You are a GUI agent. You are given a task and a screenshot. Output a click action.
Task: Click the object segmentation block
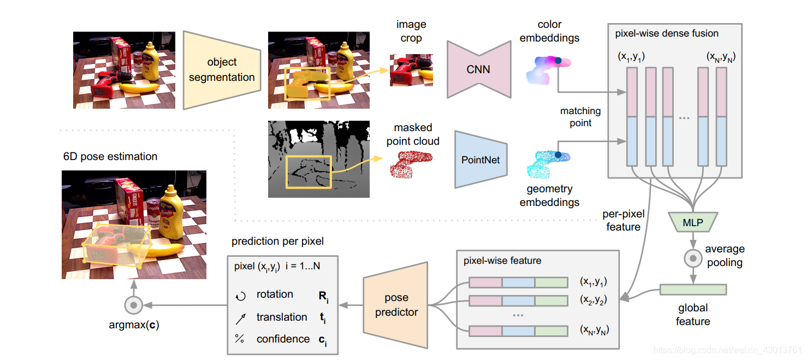(222, 70)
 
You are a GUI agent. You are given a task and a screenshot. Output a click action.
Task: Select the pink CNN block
(478, 69)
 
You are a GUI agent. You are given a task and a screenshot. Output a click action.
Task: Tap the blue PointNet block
(481, 160)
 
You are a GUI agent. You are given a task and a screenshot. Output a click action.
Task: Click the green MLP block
(693, 222)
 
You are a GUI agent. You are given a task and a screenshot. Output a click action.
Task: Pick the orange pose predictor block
(396, 305)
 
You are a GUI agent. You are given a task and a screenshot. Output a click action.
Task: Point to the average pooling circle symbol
(693, 257)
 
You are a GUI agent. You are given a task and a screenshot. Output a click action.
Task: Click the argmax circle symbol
(134, 304)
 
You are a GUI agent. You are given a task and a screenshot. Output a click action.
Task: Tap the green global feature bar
(693, 289)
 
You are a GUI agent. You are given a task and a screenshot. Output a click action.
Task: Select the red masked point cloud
(410, 164)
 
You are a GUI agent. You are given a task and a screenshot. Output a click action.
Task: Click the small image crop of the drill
(411, 70)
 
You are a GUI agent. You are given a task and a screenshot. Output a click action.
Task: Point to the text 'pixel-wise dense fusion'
(667, 33)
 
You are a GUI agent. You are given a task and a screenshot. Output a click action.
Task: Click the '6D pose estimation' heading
(110, 156)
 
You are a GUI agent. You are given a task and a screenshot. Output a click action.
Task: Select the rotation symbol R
(323, 297)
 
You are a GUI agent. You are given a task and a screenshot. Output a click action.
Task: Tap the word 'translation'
(282, 317)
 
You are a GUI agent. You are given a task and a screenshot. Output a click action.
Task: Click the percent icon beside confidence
(239, 339)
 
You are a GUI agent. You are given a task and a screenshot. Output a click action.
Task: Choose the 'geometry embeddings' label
(549, 196)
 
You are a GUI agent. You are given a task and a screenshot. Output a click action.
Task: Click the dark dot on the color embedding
(558, 61)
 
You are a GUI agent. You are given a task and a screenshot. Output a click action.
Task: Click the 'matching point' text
(580, 117)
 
